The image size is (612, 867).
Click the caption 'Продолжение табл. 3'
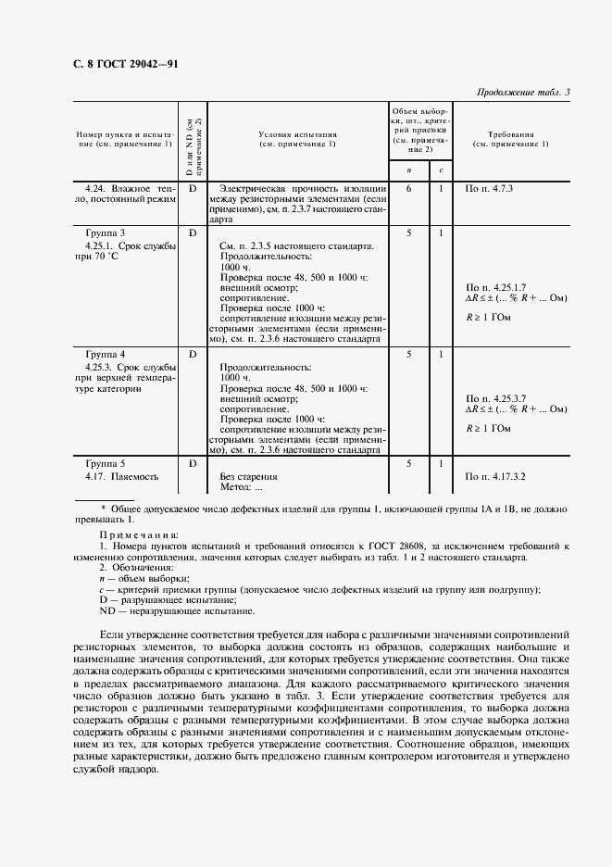point(522,92)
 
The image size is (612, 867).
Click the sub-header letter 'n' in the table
point(408,170)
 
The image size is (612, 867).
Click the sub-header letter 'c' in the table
point(441,170)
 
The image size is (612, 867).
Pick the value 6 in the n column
point(408,188)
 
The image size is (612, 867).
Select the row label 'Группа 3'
point(106,232)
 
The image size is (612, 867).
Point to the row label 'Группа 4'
point(106,355)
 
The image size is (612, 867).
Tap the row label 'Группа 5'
point(106,463)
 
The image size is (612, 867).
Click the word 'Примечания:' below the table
point(131,535)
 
